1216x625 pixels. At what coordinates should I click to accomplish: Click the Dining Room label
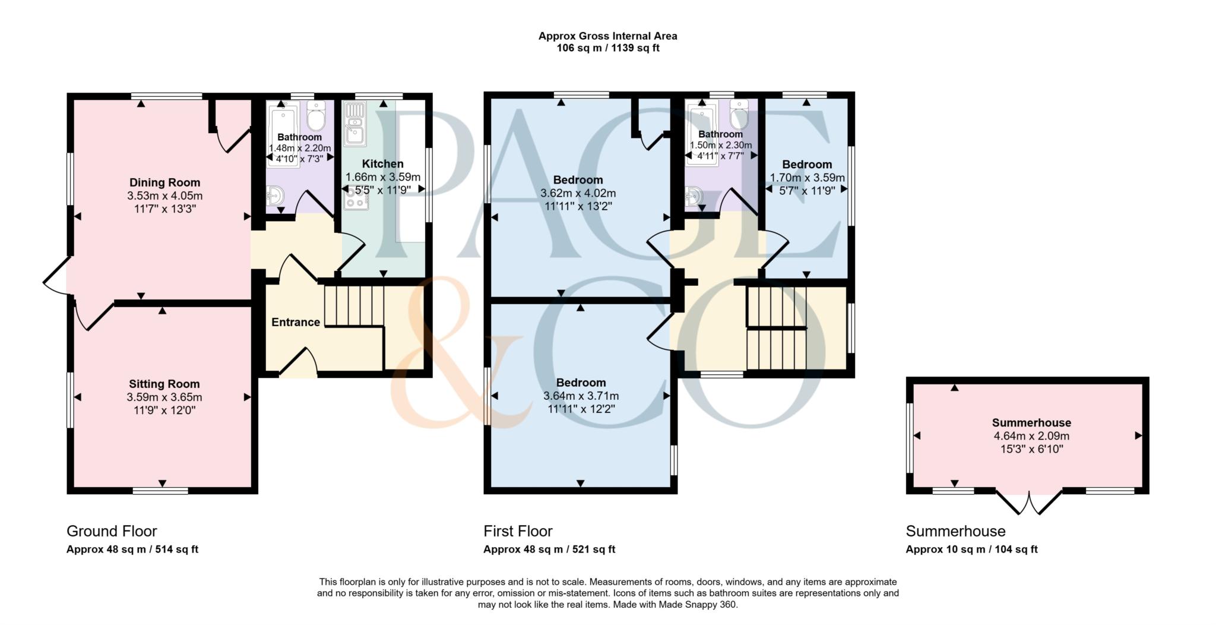pyautogui.click(x=164, y=182)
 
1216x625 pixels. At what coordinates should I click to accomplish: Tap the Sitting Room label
pyautogui.click(x=164, y=384)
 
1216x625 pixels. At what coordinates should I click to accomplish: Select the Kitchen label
pyautogui.click(x=383, y=164)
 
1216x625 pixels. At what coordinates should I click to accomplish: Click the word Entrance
pyautogui.click(x=296, y=322)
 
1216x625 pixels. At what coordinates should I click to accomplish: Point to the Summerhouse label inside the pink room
pyautogui.click(x=1031, y=422)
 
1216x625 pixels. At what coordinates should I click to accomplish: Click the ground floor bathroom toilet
pyautogui.click(x=316, y=115)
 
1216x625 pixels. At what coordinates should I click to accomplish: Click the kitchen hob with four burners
pyautogui.click(x=356, y=198)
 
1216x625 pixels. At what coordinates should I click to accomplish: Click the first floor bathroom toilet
pyautogui.click(x=739, y=114)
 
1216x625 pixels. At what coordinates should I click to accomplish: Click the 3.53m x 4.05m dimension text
pyautogui.click(x=164, y=195)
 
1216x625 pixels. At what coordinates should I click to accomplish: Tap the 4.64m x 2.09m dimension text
pyautogui.click(x=1031, y=435)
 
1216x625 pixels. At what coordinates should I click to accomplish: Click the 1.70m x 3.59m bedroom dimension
pyautogui.click(x=807, y=177)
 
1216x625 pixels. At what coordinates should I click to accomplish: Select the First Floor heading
pyautogui.click(x=518, y=531)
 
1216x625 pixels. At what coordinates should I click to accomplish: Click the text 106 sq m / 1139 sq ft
pyautogui.click(x=607, y=48)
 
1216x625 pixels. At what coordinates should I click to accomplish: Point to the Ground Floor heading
pyautogui.click(x=112, y=531)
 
